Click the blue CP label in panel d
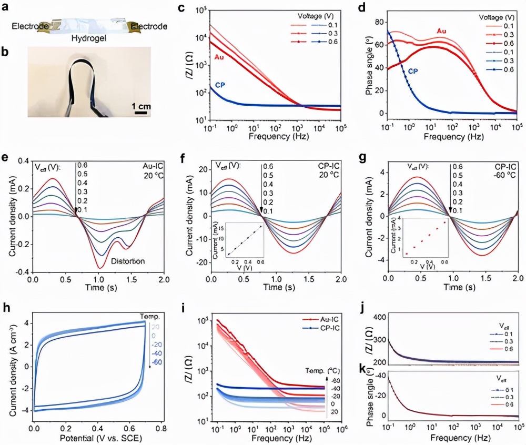click(x=414, y=69)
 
